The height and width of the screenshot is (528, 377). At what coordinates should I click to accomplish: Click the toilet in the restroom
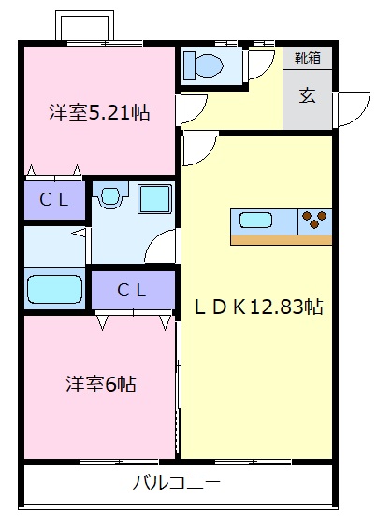click(x=203, y=65)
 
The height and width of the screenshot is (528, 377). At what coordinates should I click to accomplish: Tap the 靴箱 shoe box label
click(x=308, y=58)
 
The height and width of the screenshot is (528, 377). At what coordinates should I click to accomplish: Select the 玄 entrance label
click(x=308, y=95)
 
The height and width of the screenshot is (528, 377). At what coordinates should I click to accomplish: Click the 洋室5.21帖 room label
click(x=100, y=112)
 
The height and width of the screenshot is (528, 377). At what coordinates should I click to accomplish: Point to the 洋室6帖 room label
click(x=101, y=384)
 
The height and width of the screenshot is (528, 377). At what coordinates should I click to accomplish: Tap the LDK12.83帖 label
click(x=259, y=307)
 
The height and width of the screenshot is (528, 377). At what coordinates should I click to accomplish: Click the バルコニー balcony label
click(x=176, y=483)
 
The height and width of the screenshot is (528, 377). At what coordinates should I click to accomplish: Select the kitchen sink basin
click(x=255, y=221)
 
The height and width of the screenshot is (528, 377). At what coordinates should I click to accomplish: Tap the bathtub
click(x=54, y=290)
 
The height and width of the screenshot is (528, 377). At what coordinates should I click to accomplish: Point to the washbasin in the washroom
click(x=110, y=196)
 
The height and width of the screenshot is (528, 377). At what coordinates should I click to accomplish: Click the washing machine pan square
click(x=154, y=199)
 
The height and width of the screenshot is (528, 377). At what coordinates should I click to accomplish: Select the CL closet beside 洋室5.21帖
click(x=54, y=200)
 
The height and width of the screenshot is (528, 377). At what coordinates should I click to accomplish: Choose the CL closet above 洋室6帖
click(x=133, y=290)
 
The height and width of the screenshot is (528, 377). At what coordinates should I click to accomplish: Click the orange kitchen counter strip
click(x=282, y=240)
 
